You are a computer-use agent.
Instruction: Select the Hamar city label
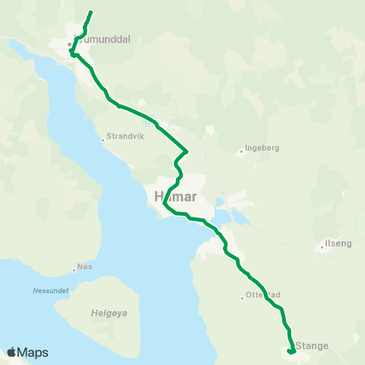(x=176, y=197)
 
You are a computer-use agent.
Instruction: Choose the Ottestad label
(x=264, y=295)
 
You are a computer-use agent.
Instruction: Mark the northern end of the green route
(x=91, y=12)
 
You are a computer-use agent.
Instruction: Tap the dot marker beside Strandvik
(x=103, y=140)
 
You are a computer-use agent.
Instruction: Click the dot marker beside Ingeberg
(x=242, y=151)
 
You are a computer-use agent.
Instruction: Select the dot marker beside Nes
(x=74, y=268)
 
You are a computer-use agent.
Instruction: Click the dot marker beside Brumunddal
(x=69, y=44)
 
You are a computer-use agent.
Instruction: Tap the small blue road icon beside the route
(x=150, y=119)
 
